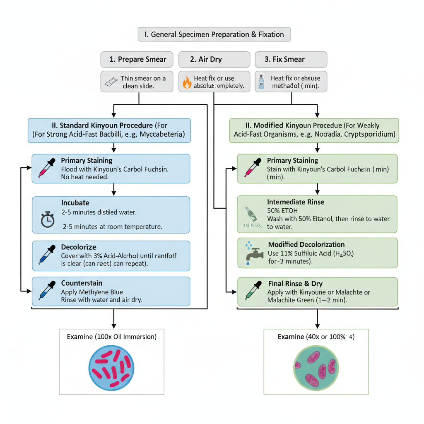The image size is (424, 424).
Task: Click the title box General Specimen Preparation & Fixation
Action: pyautogui.click(x=214, y=34)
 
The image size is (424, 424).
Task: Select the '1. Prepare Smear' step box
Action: pyautogui.click(x=137, y=59)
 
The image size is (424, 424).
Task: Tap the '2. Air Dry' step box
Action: pyautogui.click(x=214, y=59)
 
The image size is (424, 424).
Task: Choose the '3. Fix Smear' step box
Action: pyautogui.click(x=291, y=59)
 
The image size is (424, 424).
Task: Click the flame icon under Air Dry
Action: pyautogui.click(x=187, y=82)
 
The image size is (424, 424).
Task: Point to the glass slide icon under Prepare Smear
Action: pyautogui.click(x=111, y=82)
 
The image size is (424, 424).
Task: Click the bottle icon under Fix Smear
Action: pyautogui.click(x=261, y=82)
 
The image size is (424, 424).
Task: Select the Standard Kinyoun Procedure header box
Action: pyautogui.click(x=109, y=130)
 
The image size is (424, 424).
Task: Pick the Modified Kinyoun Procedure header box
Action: pyautogui.click(x=314, y=130)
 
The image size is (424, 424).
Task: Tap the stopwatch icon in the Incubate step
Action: pyautogui.click(x=47, y=219)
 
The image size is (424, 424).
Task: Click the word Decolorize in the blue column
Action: pyautogui.click(x=79, y=247)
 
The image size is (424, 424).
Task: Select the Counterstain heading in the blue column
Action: pyautogui.click(x=82, y=283)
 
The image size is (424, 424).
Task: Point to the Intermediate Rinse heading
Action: pyautogui.click(x=296, y=202)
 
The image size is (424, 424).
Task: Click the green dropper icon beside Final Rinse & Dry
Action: pyautogui.click(x=253, y=291)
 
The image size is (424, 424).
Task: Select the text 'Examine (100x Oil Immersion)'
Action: pyautogui.click(x=111, y=337)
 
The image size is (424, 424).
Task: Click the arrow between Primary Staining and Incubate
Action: pyautogui.click(x=113, y=190)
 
